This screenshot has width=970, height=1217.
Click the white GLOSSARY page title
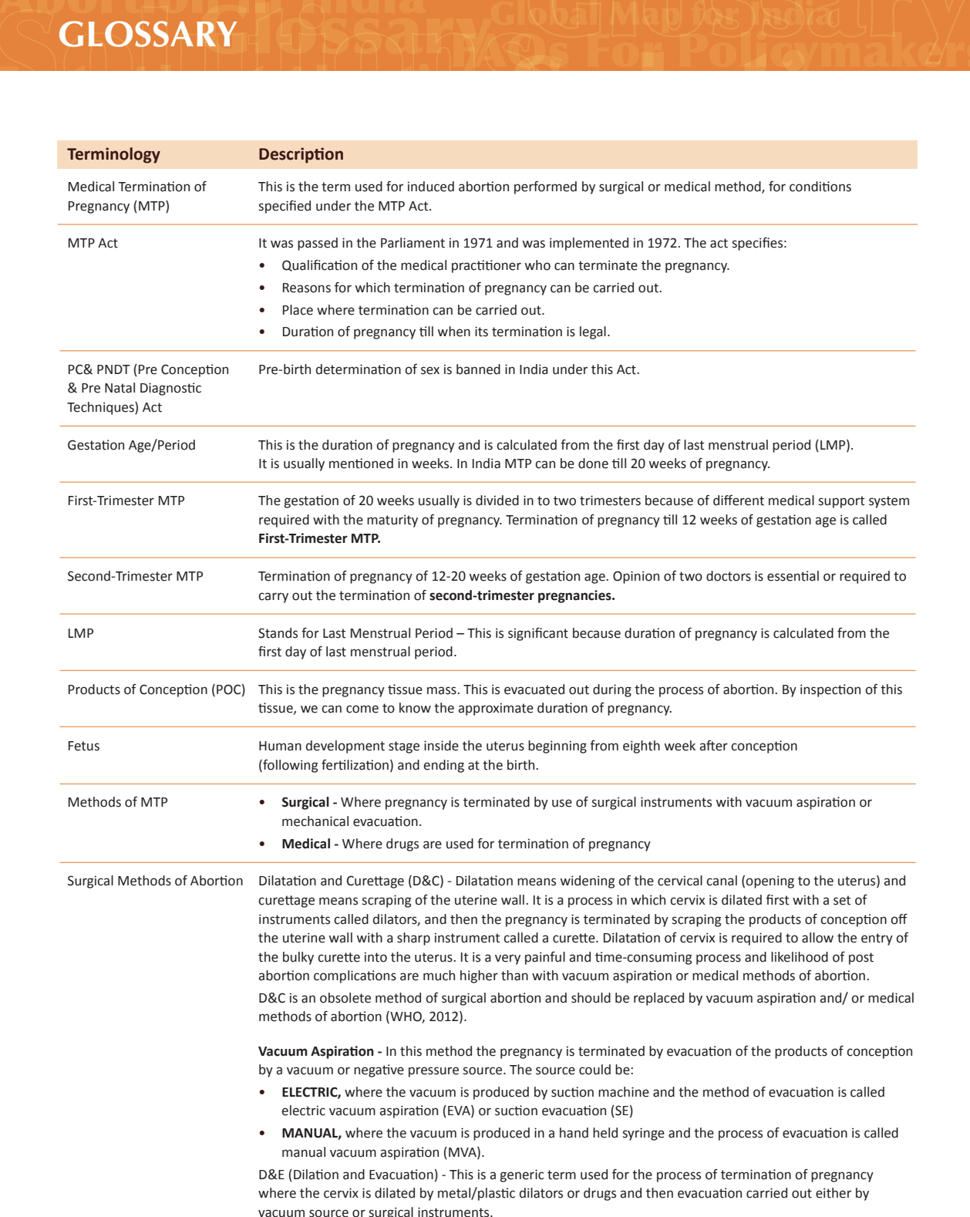point(147,35)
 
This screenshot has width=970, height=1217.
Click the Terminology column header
point(113,154)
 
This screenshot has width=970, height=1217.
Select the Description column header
point(301,154)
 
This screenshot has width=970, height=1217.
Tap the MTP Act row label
point(93,243)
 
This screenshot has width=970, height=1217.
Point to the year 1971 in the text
point(477,243)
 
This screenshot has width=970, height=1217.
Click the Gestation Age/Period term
point(131,445)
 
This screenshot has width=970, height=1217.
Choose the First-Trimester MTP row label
point(126,501)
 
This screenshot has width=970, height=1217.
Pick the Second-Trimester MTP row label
point(135,576)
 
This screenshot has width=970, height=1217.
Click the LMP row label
point(80,633)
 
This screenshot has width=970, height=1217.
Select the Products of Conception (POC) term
point(156,689)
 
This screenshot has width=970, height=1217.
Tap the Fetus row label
point(83,746)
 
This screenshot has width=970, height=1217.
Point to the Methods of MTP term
point(117,802)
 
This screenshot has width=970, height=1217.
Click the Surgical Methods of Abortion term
point(155,881)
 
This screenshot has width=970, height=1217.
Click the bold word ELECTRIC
point(311,1092)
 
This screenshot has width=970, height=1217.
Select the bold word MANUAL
point(311,1133)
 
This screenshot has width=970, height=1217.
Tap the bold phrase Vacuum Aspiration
point(316,1051)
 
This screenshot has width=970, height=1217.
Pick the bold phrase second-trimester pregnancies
point(522,595)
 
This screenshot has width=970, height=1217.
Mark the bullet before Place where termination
point(262,310)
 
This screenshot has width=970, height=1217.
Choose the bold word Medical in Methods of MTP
point(306,844)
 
